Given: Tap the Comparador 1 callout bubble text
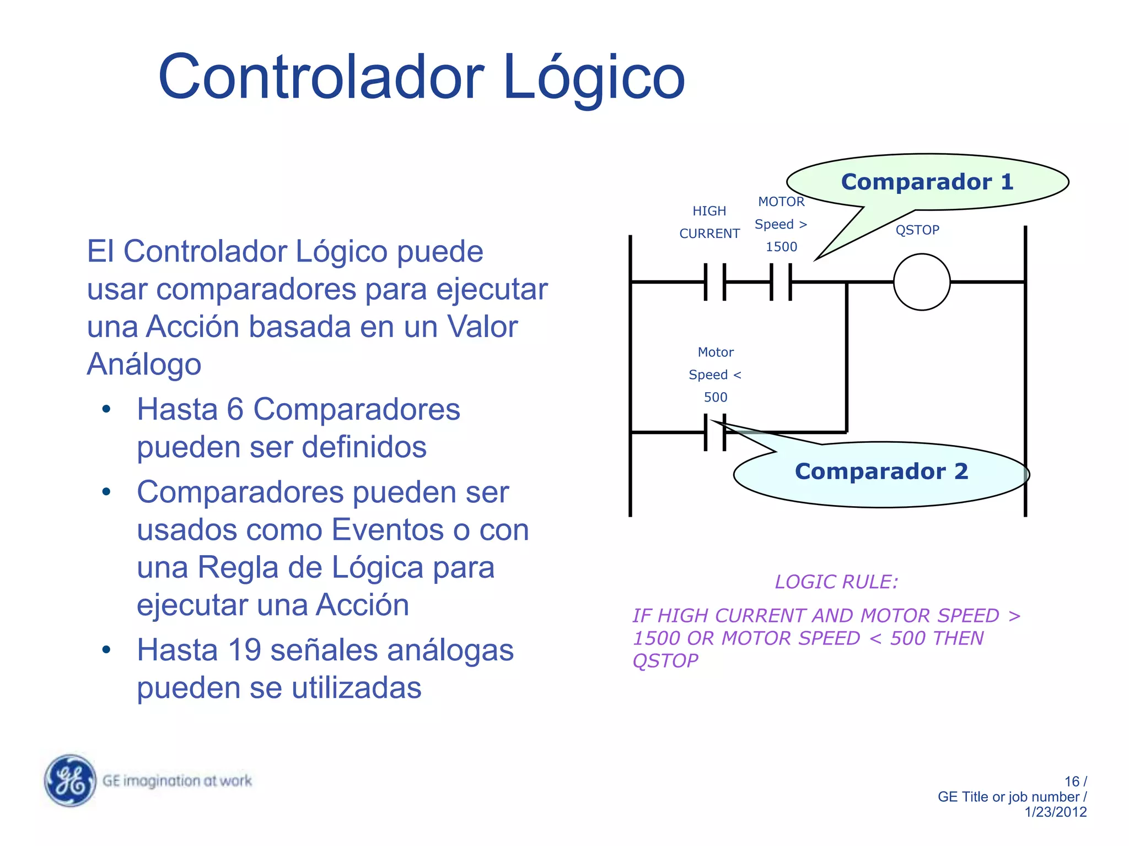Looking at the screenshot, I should (x=927, y=182).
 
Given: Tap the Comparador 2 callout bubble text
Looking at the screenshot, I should (x=881, y=471).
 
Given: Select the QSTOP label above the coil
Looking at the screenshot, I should (x=917, y=230).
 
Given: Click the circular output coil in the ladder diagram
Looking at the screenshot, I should (x=921, y=282).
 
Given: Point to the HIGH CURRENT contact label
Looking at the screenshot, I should (x=709, y=223).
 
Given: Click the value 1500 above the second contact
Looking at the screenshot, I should (x=781, y=247).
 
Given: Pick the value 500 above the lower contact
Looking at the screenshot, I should (x=716, y=397).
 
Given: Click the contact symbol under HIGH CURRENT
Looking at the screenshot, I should (x=715, y=282).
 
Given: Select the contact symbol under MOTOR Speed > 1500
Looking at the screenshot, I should (x=781, y=282).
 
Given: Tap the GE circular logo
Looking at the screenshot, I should (x=70, y=780).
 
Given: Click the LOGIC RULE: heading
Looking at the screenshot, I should (x=836, y=582).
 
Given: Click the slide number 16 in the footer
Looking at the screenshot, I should (x=1072, y=782).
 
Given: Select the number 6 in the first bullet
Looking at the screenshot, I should (x=235, y=410).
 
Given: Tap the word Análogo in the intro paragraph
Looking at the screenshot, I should (x=144, y=364).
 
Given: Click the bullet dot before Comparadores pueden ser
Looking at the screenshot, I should (x=106, y=492).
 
